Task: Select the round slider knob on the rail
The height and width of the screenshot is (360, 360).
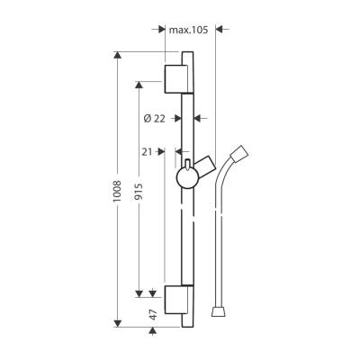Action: click(188, 176)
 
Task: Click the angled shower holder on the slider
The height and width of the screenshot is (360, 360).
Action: click(206, 165)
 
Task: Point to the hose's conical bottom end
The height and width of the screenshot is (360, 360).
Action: click(218, 310)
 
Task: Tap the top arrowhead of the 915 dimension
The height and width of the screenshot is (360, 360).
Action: click(139, 85)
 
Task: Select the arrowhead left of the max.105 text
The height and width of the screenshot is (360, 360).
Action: click(159, 30)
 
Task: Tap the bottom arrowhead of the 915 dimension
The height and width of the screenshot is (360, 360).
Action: click(139, 292)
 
